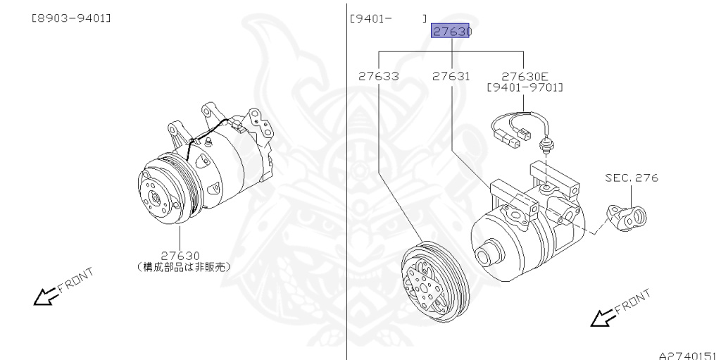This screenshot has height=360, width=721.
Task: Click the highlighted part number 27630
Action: tap(451, 32)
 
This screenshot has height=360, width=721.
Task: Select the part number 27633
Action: tap(378, 76)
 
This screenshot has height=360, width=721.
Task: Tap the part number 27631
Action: tap(451, 76)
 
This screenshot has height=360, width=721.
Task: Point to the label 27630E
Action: tap(525, 76)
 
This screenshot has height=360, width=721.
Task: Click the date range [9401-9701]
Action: tap(525, 87)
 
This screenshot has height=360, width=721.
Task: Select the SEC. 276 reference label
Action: tap(632, 178)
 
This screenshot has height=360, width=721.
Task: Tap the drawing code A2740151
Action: tap(688, 355)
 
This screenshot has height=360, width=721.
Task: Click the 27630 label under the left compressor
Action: tap(181, 256)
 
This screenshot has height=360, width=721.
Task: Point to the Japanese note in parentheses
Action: tap(182, 267)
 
